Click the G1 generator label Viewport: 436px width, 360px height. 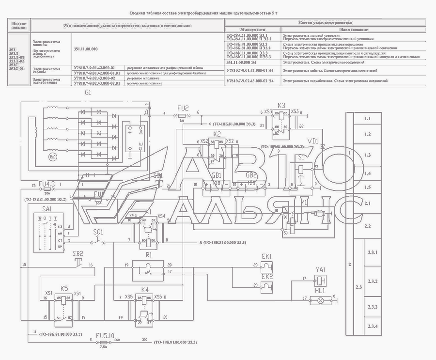tap(88, 93)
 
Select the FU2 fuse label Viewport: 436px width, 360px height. tap(183, 108)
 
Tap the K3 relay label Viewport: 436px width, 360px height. tap(281, 105)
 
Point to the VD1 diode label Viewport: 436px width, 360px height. tap(312, 141)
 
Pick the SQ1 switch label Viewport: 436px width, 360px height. tap(98, 232)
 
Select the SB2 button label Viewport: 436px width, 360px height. tap(78, 253)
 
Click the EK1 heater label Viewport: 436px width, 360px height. tap(267, 256)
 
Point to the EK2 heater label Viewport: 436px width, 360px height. tap(267, 276)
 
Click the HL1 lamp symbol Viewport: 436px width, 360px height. tap(320, 300)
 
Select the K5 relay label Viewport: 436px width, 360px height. tap(64, 287)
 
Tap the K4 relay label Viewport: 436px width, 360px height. tap(144, 290)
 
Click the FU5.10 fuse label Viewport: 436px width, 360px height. tap(105, 335)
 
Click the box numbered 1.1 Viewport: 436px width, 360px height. tap(367, 118)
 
